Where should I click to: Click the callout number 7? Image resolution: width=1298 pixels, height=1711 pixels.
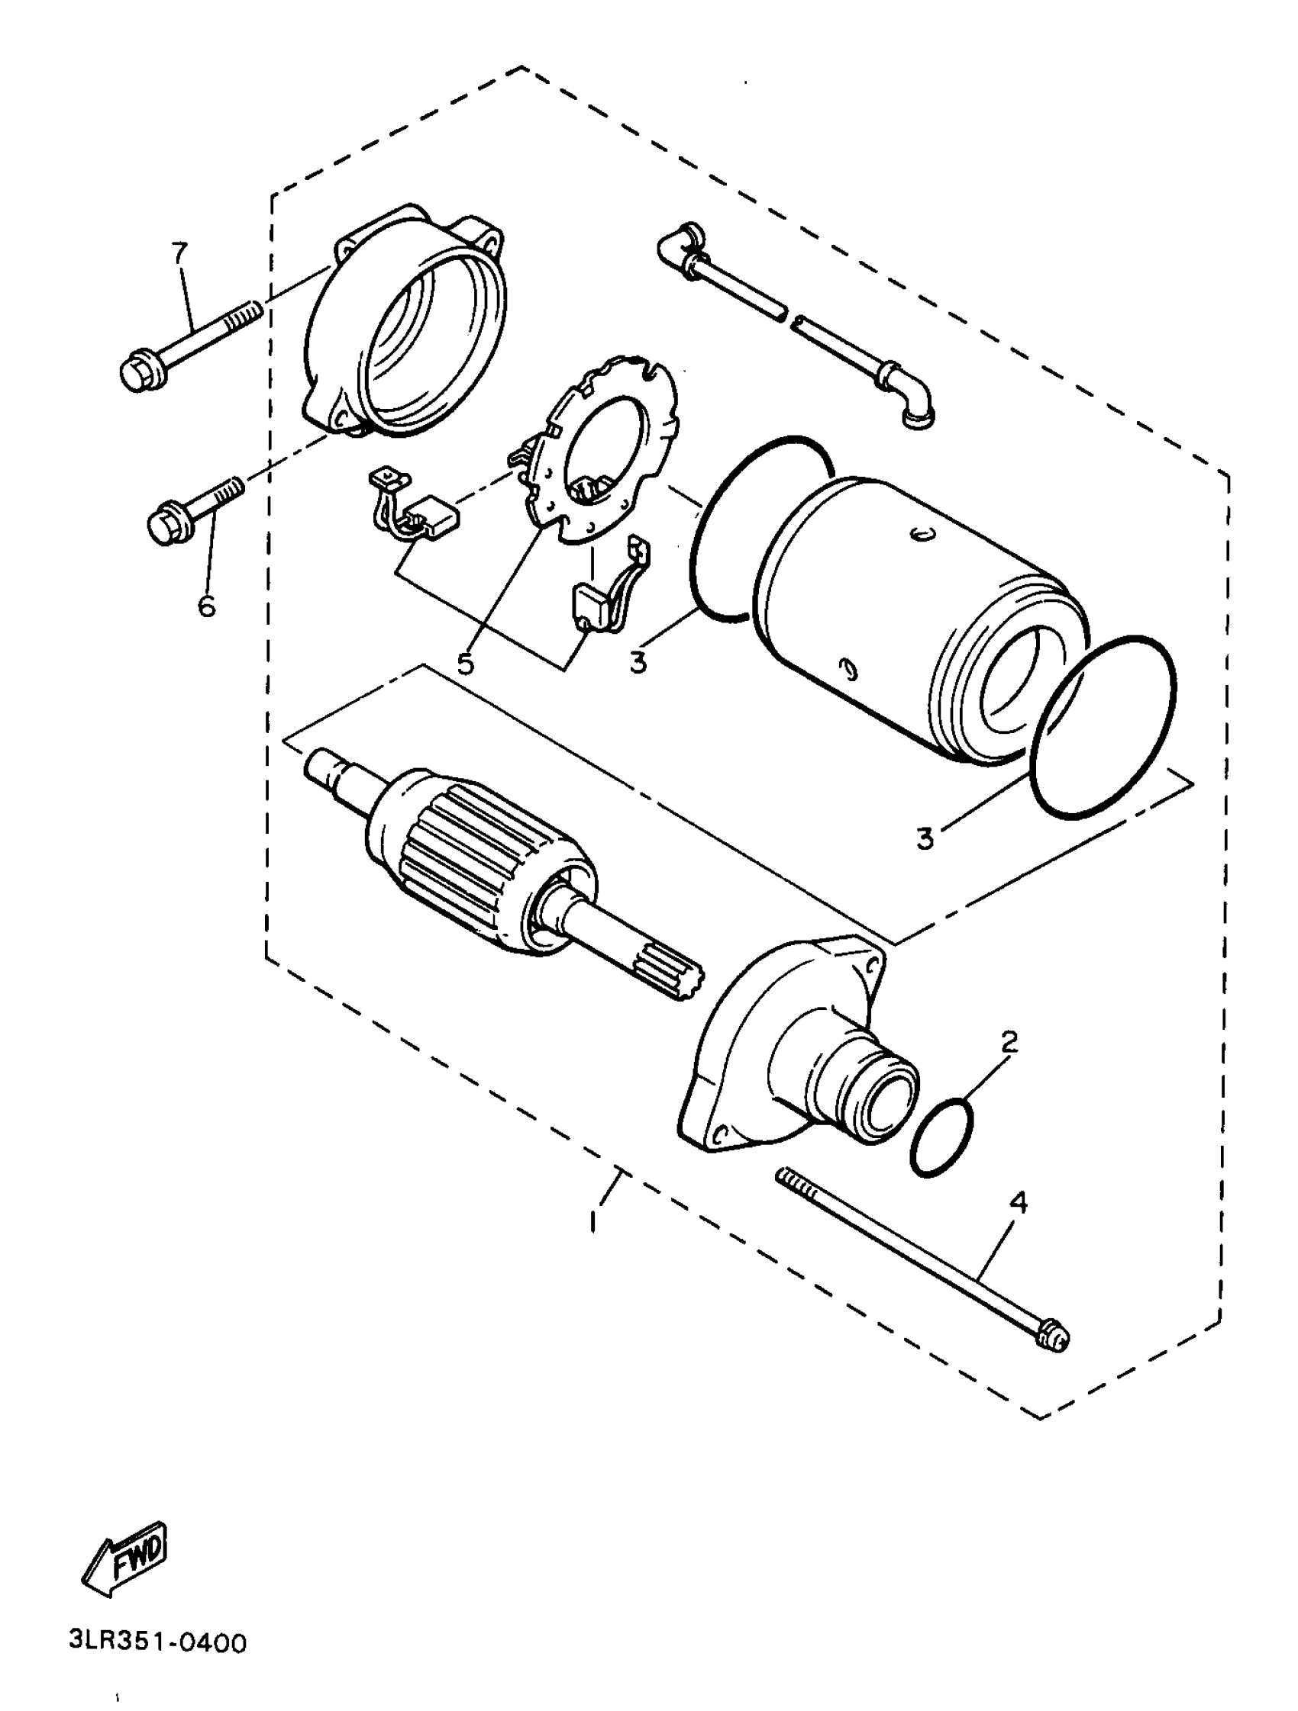pos(179,252)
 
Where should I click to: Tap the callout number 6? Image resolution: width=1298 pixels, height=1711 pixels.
pos(206,606)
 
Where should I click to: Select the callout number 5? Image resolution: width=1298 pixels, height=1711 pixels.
pos(465,662)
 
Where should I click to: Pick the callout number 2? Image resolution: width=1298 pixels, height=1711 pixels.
pos(1009,1043)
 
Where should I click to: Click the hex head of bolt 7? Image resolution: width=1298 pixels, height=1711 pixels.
pos(143,372)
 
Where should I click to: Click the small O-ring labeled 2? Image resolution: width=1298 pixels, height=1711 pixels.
pos(942,1136)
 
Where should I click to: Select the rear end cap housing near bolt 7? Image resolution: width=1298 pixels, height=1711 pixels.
pos(402,325)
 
